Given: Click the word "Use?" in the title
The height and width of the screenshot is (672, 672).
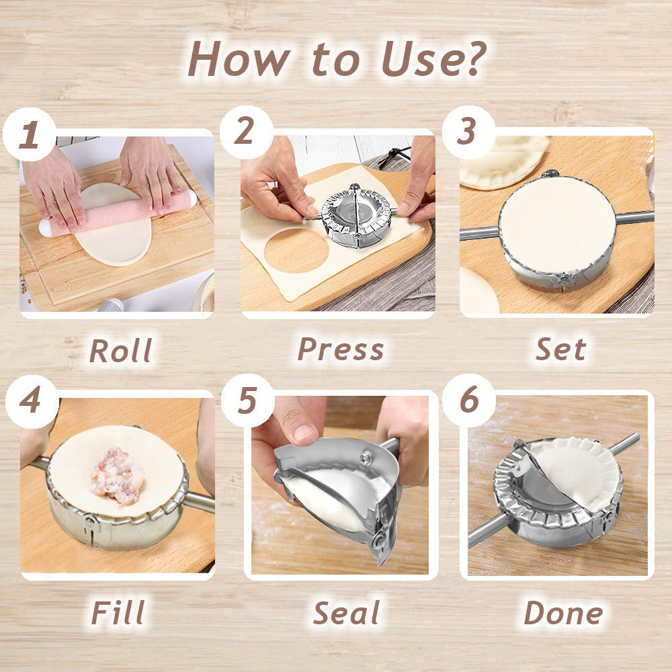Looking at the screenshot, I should (433, 58).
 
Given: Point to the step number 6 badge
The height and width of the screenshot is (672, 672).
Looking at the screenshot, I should (469, 401).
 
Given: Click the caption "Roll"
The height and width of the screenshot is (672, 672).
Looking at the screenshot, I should (120, 351).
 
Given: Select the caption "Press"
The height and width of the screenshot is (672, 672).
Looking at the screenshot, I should (341, 349).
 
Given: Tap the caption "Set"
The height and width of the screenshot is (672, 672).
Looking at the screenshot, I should (560, 349).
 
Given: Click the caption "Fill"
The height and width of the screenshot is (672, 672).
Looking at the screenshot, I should (118, 614).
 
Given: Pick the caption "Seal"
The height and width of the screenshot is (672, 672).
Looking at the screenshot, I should (346, 614).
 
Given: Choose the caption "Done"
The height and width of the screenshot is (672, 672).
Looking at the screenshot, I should (562, 614).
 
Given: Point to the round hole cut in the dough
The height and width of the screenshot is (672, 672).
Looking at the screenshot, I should (295, 251).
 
